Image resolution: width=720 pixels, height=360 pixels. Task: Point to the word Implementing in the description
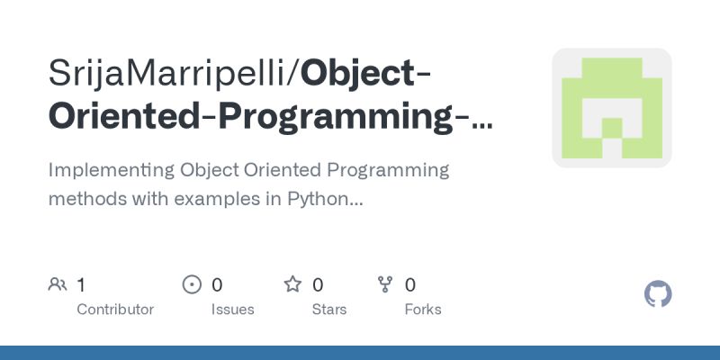[x=110, y=170]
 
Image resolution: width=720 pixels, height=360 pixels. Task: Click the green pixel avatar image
[x=612, y=107]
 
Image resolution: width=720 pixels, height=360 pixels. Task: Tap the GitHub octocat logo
[x=659, y=294]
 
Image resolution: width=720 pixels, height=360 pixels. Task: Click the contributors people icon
[x=58, y=285]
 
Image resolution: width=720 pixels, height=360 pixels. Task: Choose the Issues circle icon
[x=192, y=285]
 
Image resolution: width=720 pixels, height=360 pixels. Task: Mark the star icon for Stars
[x=292, y=285]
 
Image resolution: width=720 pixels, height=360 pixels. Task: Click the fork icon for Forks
[x=386, y=285]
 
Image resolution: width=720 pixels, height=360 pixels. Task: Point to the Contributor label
[x=115, y=310]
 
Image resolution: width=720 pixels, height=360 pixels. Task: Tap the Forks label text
[x=423, y=310]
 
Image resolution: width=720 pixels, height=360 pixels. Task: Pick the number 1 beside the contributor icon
[x=81, y=285]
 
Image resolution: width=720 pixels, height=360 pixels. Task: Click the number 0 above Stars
[x=318, y=285]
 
